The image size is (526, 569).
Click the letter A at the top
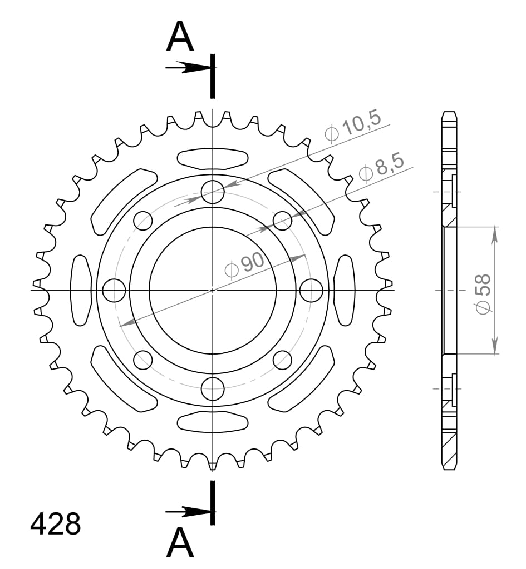click(x=180, y=37)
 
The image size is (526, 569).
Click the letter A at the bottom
click(x=180, y=543)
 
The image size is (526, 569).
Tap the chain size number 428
click(x=56, y=524)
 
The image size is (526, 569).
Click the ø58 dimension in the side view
click(x=483, y=293)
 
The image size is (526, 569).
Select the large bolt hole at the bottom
click(x=213, y=388)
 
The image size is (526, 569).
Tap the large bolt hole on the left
click(x=115, y=290)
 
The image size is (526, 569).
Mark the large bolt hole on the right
click(x=311, y=290)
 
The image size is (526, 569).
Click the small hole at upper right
click(x=282, y=221)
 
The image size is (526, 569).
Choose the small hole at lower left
click(x=143, y=360)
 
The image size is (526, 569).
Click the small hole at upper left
click(x=143, y=221)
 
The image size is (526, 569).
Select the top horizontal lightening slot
click(x=212, y=158)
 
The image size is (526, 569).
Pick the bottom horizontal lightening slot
click(x=212, y=422)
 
